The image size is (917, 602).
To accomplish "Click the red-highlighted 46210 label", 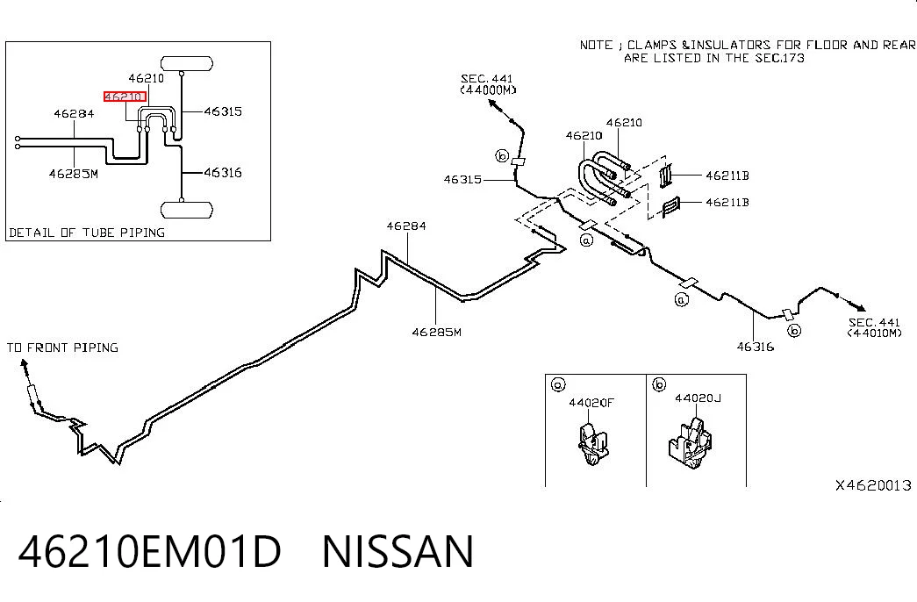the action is [x=125, y=97].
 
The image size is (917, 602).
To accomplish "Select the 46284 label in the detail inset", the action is [x=74, y=113].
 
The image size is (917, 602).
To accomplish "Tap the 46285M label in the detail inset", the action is [x=74, y=174].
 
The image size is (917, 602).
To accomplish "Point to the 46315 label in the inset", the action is [x=223, y=111].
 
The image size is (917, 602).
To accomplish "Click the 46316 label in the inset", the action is [x=223, y=172].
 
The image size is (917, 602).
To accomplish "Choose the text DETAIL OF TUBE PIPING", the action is [x=87, y=233].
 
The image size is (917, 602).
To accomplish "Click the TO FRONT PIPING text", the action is [x=62, y=348].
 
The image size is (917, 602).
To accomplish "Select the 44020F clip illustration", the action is [x=592, y=443].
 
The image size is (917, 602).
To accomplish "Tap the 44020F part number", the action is [x=591, y=403].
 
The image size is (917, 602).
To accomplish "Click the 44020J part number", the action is [x=698, y=398].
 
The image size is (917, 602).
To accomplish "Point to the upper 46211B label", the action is [x=727, y=176].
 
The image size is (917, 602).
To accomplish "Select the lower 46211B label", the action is [x=727, y=203].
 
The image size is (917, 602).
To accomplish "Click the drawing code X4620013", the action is [x=873, y=485].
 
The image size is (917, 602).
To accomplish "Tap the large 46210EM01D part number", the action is [x=150, y=551].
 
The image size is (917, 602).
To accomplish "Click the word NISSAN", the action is [x=398, y=551].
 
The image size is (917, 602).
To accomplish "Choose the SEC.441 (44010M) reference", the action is [x=874, y=327].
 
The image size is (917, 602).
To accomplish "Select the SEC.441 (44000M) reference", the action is [x=488, y=84].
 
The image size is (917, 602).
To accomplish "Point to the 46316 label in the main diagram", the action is [x=755, y=347].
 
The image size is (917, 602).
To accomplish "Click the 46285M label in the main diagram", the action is [x=436, y=333].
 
